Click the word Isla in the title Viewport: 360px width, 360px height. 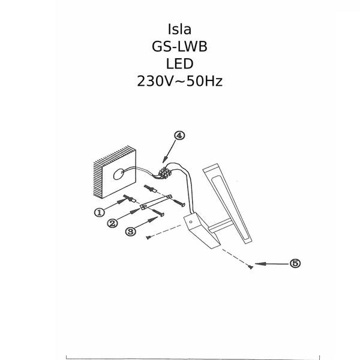180,30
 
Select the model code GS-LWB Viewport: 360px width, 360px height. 180,47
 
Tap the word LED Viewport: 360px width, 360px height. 180,64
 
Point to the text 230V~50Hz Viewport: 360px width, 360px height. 180,81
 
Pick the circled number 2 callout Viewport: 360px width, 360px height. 113,223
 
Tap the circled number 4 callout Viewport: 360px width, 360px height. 179,136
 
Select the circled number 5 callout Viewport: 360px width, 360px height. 295,263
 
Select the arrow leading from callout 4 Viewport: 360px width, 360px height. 171,151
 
